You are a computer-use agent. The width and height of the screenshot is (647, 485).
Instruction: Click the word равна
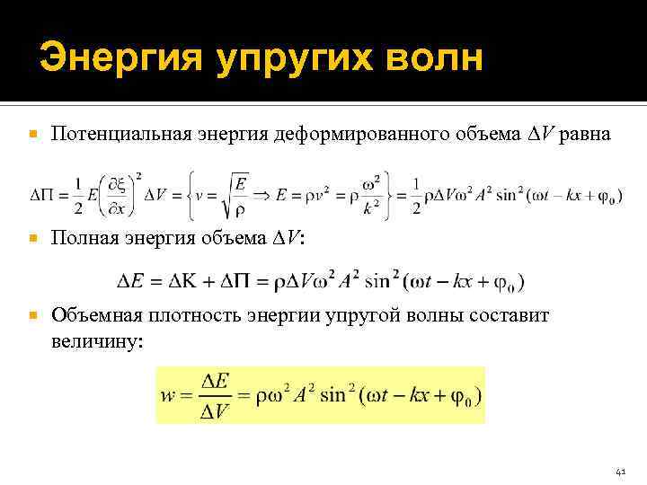click(x=586, y=135)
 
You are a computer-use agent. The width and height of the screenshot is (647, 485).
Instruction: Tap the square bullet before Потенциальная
click(x=33, y=135)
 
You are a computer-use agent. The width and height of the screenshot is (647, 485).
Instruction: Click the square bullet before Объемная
click(x=33, y=316)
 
